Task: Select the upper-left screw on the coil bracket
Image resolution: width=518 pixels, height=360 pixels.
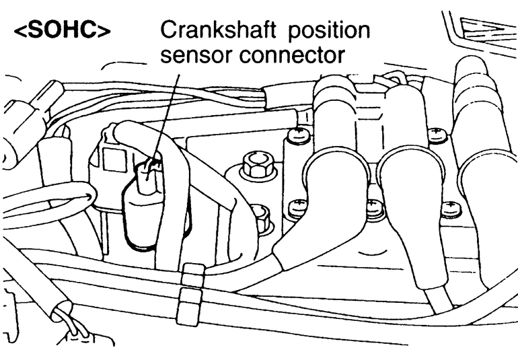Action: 296,136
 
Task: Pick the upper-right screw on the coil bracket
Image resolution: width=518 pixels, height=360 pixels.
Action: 438,135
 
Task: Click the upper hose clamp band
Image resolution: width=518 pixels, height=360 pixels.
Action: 192,273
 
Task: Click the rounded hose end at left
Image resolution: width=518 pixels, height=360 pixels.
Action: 81,195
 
